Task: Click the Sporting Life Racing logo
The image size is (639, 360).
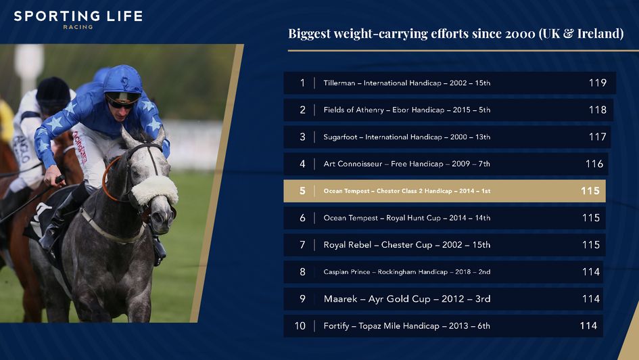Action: point(78,18)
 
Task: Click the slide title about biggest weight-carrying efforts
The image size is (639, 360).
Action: point(456,34)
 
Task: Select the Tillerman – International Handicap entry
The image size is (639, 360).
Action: point(406,83)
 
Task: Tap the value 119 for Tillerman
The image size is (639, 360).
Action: point(597,83)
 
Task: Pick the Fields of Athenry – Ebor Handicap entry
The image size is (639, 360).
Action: point(406,110)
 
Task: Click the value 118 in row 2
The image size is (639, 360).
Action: point(597,110)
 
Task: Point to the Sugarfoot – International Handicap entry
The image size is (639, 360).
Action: point(406,137)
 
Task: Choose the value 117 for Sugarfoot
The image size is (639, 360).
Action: point(597,137)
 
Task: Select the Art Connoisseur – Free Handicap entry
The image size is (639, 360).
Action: point(406,164)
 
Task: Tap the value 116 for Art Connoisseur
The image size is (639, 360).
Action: point(594,164)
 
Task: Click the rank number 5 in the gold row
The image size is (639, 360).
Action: point(302,191)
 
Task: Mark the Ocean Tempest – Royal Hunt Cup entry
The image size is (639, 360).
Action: point(406,218)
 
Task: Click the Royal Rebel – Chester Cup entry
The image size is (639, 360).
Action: point(406,245)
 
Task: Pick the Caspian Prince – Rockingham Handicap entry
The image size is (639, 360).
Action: point(406,272)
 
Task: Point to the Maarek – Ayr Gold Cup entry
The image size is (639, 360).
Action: point(406,299)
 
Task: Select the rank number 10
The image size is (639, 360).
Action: point(300,326)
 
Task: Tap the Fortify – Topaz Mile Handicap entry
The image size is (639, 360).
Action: point(406,326)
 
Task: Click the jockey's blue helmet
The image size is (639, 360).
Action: point(122,79)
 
